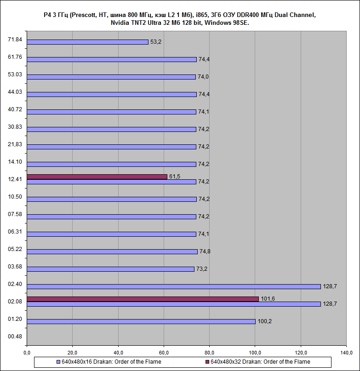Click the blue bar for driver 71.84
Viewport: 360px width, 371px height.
[87, 42]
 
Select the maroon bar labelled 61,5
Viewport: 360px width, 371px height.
[97, 177]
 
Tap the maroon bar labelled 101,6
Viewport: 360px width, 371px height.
[143, 299]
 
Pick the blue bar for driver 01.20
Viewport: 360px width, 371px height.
[141, 321]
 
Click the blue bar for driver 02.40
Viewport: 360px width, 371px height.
[173, 286]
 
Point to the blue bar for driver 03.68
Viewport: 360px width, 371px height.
[110, 269]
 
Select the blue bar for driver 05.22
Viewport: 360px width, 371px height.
[112, 251]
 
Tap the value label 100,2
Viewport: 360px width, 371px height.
[264, 321]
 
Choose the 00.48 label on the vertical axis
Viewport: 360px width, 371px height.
[15, 336]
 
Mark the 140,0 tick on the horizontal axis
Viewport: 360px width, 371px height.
[346, 353]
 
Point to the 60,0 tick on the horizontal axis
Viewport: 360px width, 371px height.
[164, 353]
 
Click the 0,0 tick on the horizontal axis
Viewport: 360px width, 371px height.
[27, 353]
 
